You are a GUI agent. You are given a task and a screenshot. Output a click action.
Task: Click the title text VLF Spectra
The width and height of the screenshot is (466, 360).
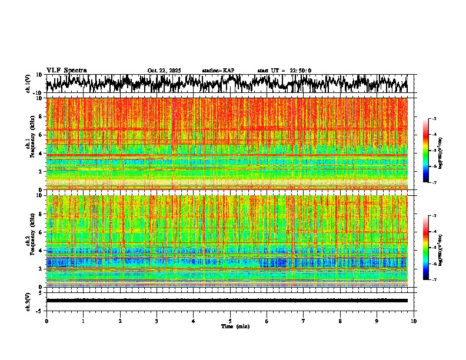pyautogui.click(x=66, y=71)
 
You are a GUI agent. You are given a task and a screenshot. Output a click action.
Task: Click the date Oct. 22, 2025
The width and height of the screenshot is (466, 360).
pyautogui.click(x=164, y=71)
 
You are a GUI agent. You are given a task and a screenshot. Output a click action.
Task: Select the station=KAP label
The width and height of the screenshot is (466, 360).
pyautogui.click(x=218, y=71)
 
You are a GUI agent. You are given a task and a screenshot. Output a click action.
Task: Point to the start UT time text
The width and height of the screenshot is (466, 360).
pyautogui.click(x=284, y=71)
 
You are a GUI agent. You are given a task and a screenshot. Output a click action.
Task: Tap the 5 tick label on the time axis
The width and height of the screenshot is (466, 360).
pyautogui.click(x=230, y=321)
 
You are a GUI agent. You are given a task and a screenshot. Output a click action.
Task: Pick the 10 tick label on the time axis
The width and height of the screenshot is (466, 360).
pyautogui.click(x=414, y=321)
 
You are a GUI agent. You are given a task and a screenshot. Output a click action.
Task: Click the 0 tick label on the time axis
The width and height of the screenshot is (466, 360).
pyautogui.click(x=46, y=321)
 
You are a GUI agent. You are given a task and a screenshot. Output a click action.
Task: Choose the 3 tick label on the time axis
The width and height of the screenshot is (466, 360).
pyautogui.click(x=157, y=321)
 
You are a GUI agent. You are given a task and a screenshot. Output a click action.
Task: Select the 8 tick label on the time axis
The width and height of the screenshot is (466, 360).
pyautogui.click(x=340, y=321)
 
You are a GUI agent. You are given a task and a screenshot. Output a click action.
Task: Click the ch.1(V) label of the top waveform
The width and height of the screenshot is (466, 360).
pyautogui.click(x=28, y=84)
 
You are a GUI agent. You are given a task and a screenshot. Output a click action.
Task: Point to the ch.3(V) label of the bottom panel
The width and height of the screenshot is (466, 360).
pyautogui.click(x=28, y=301)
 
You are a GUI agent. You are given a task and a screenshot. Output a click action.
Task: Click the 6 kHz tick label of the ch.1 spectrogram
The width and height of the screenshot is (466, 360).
pyautogui.click(x=41, y=135)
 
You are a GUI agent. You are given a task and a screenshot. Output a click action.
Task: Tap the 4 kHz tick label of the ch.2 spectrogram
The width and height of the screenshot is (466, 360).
pyautogui.click(x=41, y=251)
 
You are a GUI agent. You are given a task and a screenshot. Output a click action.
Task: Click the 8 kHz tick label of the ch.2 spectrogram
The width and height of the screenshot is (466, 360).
pyautogui.click(x=41, y=214)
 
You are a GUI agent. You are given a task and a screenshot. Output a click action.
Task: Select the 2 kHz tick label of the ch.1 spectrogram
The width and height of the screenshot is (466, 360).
pyautogui.click(x=41, y=171)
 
